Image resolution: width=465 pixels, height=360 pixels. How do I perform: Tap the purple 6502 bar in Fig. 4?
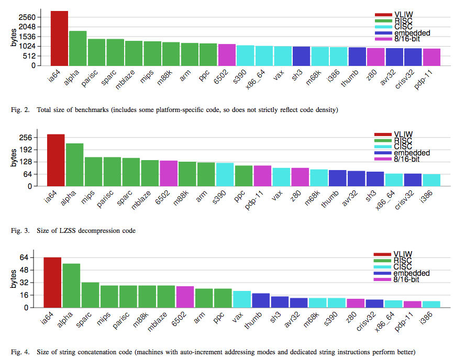pos(185,297)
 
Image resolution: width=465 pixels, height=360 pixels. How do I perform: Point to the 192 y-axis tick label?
pos(27,150)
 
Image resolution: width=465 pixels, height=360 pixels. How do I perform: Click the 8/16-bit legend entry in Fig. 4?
pos(406,280)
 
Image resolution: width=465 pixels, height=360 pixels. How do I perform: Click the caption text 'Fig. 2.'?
pos(19,110)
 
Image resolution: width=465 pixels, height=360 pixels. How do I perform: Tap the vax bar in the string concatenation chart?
pos(241,299)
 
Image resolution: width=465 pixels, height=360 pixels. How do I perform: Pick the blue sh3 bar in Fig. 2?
pos(301,56)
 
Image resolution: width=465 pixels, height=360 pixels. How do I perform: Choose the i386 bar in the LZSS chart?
pos(431,180)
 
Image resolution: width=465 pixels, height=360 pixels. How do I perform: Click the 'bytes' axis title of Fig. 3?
pos(14,157)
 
